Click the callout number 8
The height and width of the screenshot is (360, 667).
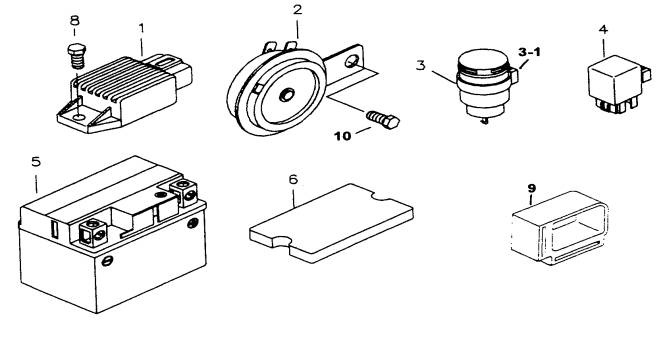pyautogui.click(x=74, y=20)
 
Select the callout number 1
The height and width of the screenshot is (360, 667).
pyautogui.click(x=142, y=29)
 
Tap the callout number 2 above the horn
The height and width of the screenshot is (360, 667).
pyautogui.click(x=297, y=9)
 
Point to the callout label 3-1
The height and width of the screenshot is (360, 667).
pyautogui.click(x=529, y=52)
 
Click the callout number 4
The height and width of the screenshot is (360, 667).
pyautogui.click(x=603, y=29)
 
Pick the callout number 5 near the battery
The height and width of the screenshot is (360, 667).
pyautogui.click(x=36, y=161)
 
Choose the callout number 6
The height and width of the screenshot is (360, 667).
pyautogui.click(x=293, y=179)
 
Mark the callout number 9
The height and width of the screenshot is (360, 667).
pyautogui.click(x=532, y=188)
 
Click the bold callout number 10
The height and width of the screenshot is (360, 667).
pyautogui.click(x=343, y=136)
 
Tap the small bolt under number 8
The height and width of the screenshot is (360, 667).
pyautogui.click(x=77, y=56)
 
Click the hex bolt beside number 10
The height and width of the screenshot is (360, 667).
pyautogui.click(x=383, y=120)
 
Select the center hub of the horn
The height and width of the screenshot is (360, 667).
pyautogui.click(x=286, y=95)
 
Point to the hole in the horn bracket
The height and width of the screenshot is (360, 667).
pyautogui.click(x=351, y=61)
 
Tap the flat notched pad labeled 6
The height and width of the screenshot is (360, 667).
pyautogui.click(x=331, y=223)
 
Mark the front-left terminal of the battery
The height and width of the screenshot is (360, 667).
pyautogui.click(x=92, y=232)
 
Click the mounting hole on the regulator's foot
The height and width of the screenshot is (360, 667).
pyautogui.click(x=77, y=116)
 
